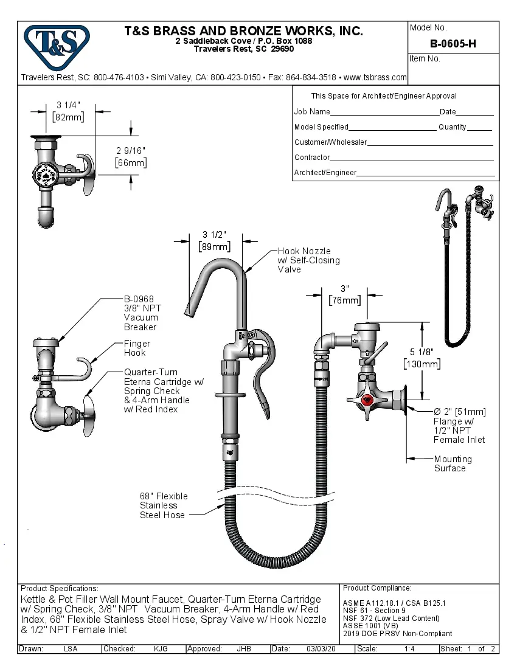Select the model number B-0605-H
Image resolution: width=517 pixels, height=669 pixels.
[453, 44]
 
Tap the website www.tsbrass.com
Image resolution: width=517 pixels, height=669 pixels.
[375, 77]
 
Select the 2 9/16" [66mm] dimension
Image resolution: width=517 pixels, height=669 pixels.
[131, 156]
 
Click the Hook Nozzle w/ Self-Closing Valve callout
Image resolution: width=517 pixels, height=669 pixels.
[308, 260]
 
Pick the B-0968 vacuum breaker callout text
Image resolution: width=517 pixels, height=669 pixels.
[141, 313]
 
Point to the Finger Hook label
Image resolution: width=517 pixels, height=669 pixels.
[137, 348]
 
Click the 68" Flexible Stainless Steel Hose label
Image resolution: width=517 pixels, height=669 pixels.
[164, 505]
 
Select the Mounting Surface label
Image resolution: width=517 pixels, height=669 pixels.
[453, 463]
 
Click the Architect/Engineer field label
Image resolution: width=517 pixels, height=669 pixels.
[325, 173]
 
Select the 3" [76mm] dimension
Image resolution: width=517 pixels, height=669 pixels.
[344, 295]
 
